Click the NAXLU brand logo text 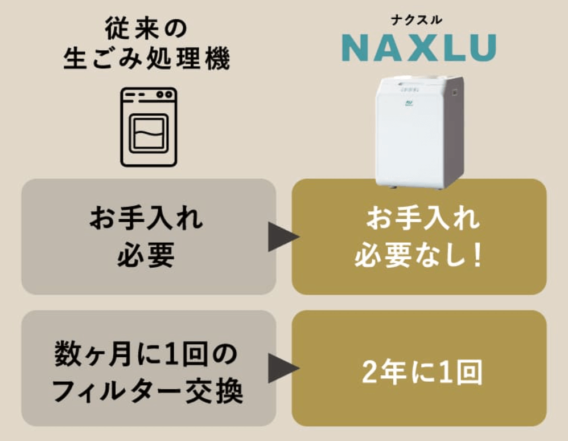point(419,47)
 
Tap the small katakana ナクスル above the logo point(417,20)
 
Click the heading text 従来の point(146,28)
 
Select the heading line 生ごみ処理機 point(147,58)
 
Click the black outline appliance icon point(149,127)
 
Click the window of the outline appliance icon point(149,133)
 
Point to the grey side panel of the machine point(455,130)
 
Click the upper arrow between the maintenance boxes point(283,237)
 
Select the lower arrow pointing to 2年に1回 point(283,368)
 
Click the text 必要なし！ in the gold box point(419,255)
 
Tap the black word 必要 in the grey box point(146,255)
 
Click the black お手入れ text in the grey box point(146,218)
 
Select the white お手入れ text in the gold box point(423,218)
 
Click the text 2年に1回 point(422,372)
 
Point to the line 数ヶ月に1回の point(146,354)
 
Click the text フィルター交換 point(148,391)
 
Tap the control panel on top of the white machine point(409,87)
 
